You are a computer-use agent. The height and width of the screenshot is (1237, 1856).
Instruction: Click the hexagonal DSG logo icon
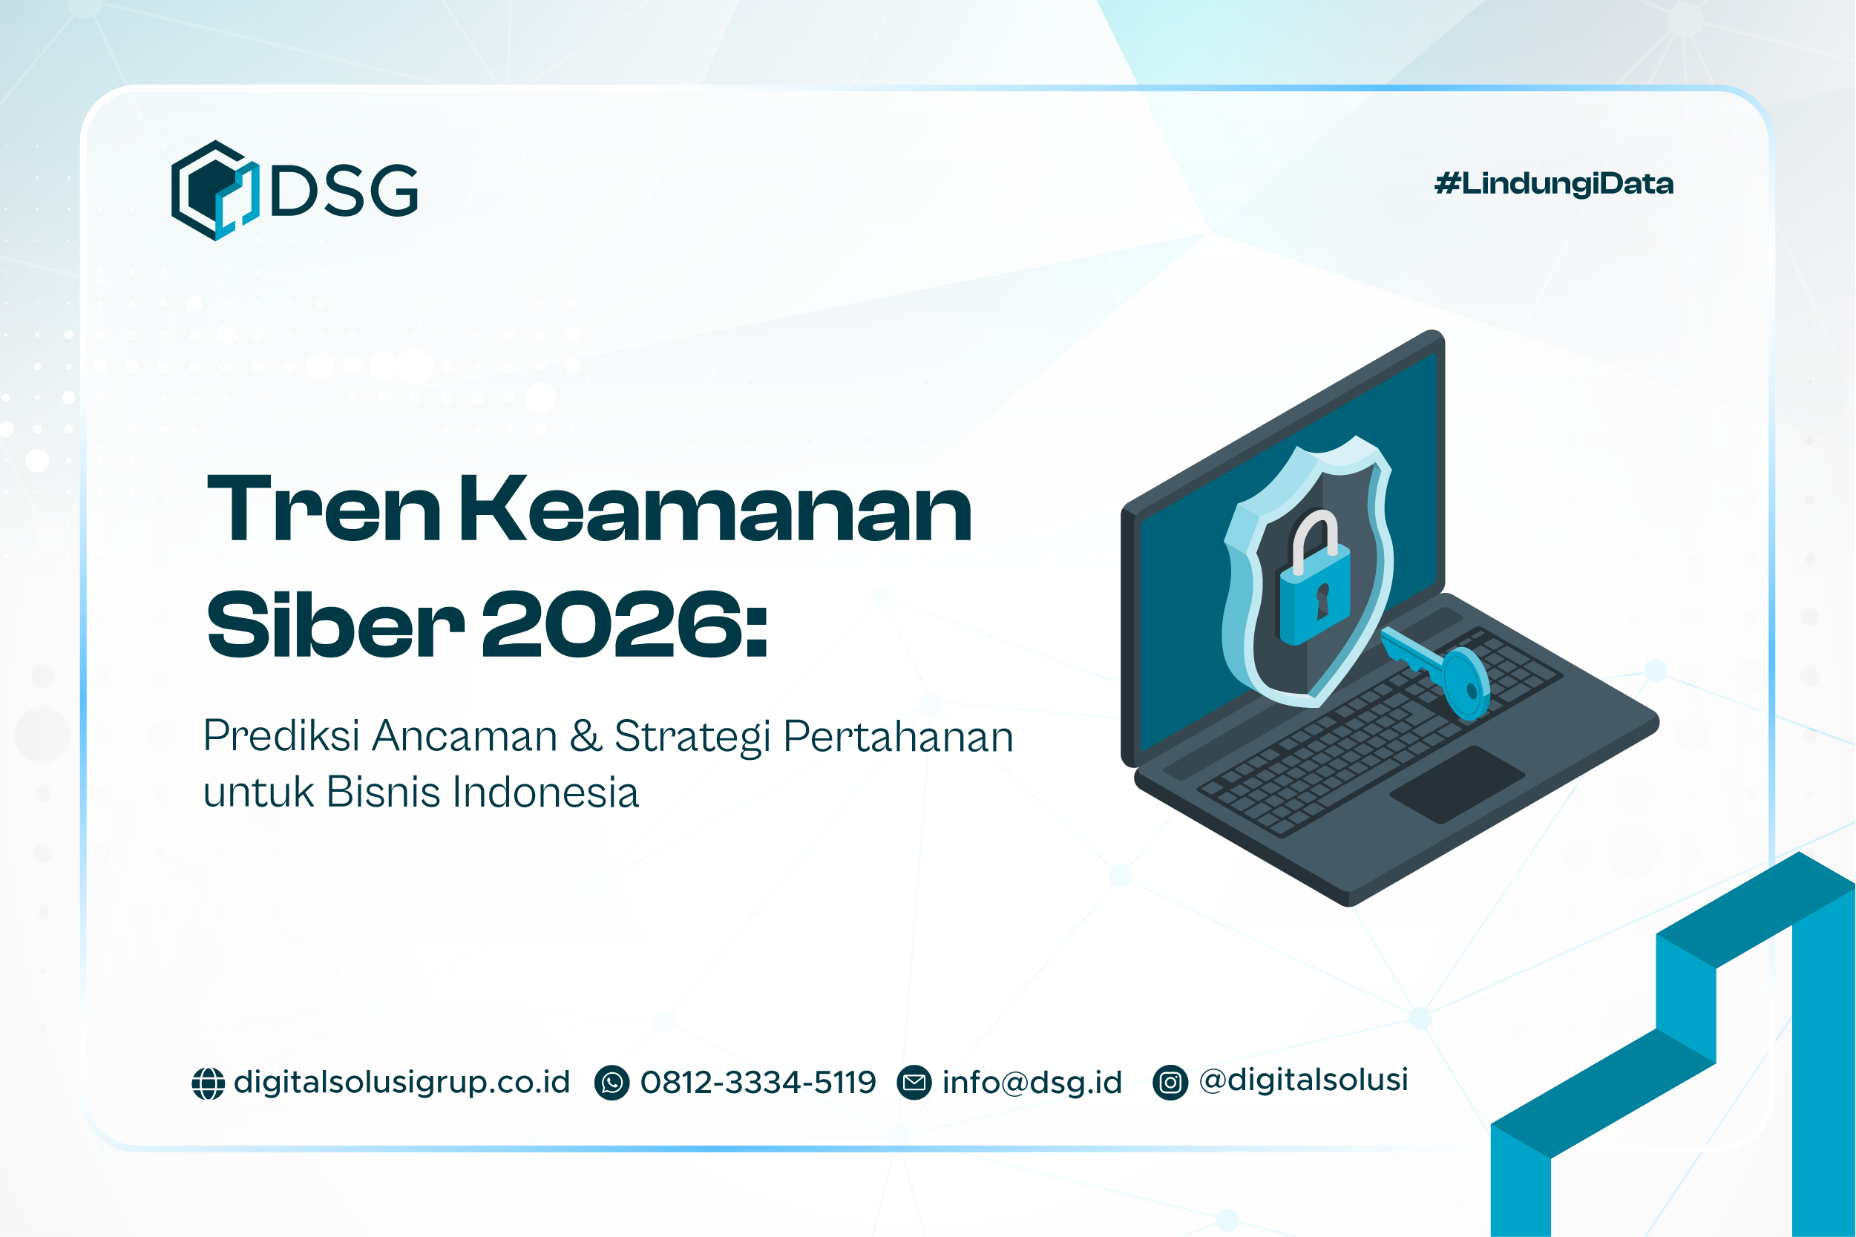point(214,190)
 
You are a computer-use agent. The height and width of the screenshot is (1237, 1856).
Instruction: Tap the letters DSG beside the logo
point(344,190)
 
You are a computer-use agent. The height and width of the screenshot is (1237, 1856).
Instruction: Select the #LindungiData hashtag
point(1553,184)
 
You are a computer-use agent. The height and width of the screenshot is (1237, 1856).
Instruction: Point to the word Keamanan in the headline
point(715,511)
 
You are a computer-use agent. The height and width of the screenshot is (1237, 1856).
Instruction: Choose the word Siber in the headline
point(335,625)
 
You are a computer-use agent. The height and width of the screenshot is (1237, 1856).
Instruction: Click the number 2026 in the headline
point(612,625)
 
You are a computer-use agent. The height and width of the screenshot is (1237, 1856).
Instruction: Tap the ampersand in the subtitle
point(586,735)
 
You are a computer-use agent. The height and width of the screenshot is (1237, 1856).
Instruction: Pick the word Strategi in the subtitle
point(692,737)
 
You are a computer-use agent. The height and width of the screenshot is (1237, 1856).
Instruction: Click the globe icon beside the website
point(209,1083)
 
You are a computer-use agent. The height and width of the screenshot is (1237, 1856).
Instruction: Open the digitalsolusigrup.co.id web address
point(401,1083)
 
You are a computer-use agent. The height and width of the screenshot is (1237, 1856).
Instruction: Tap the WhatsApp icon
point(612,1083)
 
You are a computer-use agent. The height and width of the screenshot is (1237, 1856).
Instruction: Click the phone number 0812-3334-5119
point(758,1083)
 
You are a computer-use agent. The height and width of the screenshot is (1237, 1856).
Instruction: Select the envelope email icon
point(914,1083)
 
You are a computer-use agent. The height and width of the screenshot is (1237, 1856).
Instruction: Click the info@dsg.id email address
point(1032,1083)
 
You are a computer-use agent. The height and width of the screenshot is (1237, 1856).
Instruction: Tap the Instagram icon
point(1170,1083)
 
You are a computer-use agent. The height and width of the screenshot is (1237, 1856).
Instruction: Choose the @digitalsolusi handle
point(1303,1080)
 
